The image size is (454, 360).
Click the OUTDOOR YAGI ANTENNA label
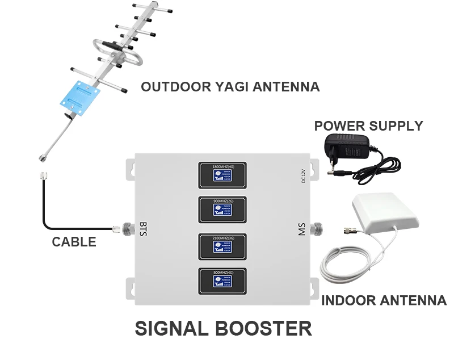click(x=230, y=87)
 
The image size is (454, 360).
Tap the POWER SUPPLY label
click(x=368, y=125)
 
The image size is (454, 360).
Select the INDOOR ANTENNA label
click(x=384, y=300)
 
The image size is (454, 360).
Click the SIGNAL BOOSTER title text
click(x=223, y=328)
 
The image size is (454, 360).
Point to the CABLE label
click(x=74, y=242)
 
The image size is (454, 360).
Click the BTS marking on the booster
click(x=143, y=228)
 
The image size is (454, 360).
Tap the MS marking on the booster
click(x=301, y=229)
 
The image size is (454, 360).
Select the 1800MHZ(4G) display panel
click(x=222, y=175)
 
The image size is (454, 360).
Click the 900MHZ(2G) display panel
click(x=222, y=210)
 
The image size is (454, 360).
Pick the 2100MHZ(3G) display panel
click(x=222, y=246)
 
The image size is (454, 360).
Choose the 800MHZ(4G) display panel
click(x=222, y=281)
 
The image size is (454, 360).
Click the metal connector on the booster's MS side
click(x=321, y=229)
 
